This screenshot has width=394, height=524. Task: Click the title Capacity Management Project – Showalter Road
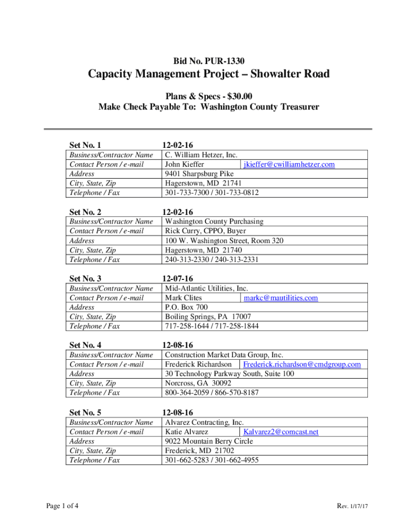[209, 75]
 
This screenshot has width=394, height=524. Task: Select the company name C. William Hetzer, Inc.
[201, 155]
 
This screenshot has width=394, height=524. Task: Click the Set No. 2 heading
[85, 212]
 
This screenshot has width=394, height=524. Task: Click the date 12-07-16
[177, 279]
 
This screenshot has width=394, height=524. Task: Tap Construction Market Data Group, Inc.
[224, 355]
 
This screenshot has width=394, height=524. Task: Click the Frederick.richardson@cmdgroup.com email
[302, 364]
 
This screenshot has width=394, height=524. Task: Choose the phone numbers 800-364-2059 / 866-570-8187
[212, 392]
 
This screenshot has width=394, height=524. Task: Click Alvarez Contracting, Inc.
[204, 422]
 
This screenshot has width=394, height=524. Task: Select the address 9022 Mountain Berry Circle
[209, 441]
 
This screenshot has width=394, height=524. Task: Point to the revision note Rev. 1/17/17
[353, 506]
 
